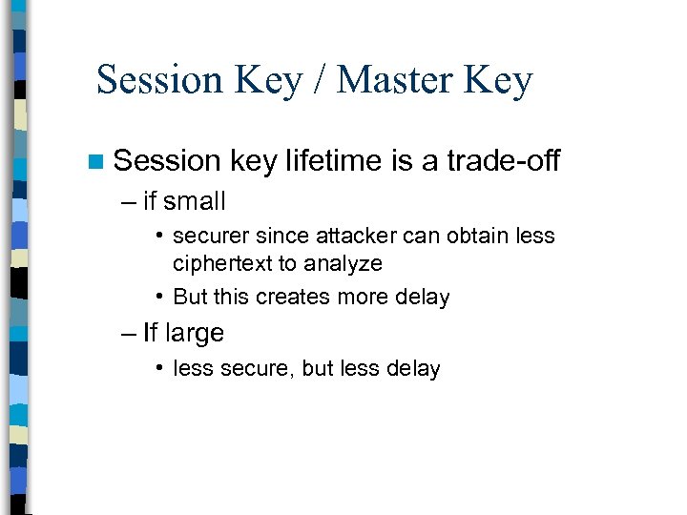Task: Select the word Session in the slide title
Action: pos(158,80)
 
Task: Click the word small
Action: pos(195,202)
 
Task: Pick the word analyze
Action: pos(343,263)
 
